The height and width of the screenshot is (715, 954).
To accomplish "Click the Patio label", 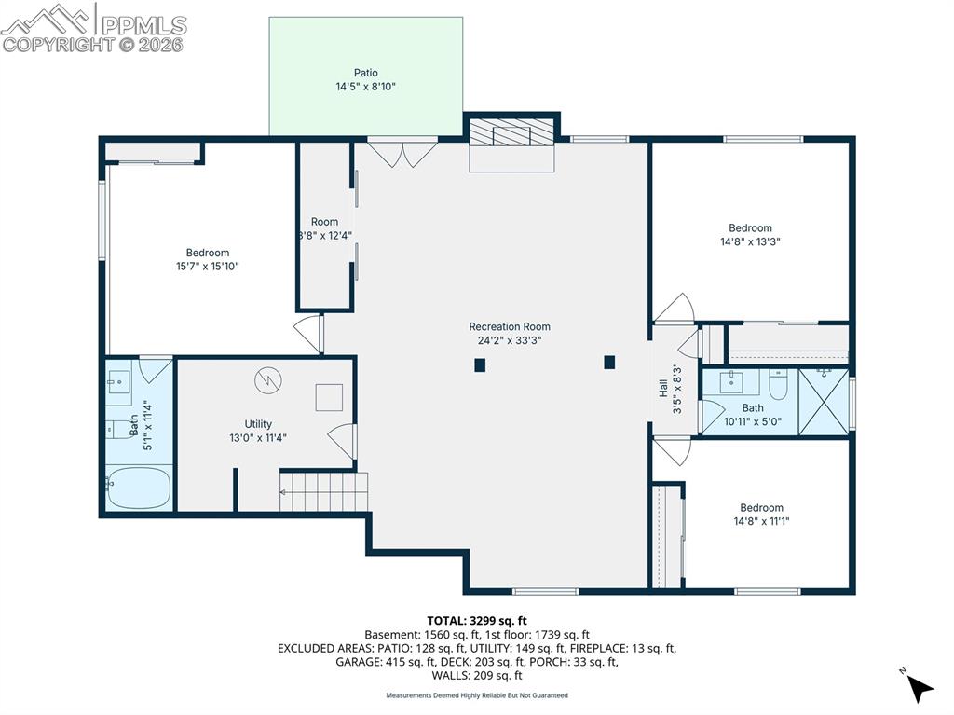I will pos(365,73).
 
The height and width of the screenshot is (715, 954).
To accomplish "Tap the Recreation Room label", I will pos(509,326).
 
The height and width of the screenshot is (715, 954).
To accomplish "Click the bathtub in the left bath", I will pos(138,488).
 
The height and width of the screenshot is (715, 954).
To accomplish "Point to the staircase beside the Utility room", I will pos(323,491).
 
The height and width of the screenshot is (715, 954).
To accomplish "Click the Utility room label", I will pos(258,424).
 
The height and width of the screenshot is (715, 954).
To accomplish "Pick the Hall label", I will pos(663,388).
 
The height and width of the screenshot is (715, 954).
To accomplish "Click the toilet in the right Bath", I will pos(779,383).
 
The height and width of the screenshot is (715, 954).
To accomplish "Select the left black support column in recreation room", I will pos(480,365).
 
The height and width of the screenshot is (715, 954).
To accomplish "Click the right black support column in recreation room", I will pos(609,362).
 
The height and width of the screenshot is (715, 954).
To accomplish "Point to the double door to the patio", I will pos(402,153).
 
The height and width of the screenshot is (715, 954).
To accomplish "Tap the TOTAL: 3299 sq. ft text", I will pos(477,620).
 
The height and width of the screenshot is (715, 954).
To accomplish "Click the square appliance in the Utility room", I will pos(329,397).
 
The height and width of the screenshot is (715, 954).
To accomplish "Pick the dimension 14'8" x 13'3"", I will pos(750,241).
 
